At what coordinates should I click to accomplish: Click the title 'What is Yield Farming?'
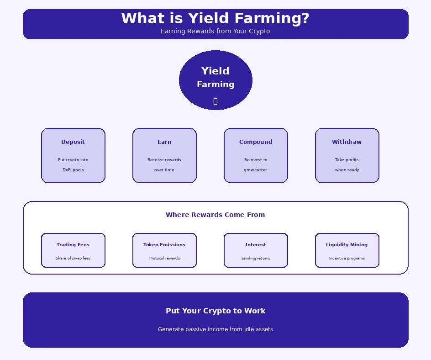pos(215,19)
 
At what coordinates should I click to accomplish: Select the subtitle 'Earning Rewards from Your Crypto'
pos(215,32)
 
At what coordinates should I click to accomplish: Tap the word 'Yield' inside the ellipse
pos(215,71)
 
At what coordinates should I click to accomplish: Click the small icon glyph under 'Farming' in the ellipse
pos(215,101)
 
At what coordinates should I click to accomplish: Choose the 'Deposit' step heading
pos(73,142)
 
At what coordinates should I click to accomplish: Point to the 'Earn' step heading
pos(164,142)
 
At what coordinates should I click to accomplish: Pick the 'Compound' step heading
pos(256,142)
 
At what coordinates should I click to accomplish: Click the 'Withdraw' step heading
pos(347,142)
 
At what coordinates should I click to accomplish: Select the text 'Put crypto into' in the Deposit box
pos(73,160)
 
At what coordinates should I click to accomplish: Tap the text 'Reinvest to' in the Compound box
pos(256,160)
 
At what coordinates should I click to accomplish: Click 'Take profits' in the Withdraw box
pos(347,160)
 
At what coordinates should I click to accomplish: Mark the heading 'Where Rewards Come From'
pos(215,215)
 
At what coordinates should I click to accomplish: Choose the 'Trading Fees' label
pos(73,245)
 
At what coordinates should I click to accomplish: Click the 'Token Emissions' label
pos(164,245)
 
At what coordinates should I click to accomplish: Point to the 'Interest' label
pos(256,245)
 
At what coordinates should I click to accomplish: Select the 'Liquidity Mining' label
pos(347,245)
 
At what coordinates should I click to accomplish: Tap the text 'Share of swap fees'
pos(73,258)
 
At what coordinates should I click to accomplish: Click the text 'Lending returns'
pos(256,258)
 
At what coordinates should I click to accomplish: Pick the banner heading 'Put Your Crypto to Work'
pos(215,311)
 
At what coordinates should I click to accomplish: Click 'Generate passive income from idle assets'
pos(215,329)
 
